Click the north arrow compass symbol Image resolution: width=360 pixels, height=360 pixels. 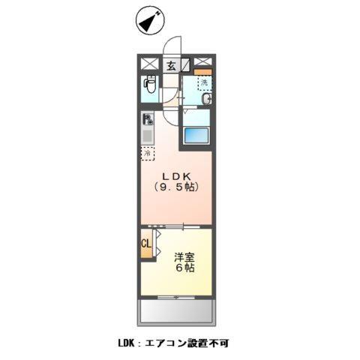tap(148, 22)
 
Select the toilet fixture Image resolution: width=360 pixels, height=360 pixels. tap(149, 87)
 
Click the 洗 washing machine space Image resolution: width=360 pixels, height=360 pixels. tap(204, 82)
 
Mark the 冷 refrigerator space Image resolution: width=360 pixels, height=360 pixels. tap(148, 154)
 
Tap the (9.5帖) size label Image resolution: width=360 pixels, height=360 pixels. tap(176, 187)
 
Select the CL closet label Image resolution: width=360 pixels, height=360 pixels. tap(147, 244)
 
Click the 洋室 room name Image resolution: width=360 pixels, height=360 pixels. tap(184, 255)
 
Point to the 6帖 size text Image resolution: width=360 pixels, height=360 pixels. tap(184, 268)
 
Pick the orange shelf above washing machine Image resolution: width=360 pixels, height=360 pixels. tap(203, 73)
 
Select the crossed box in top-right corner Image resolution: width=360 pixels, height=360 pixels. tap(202, 63)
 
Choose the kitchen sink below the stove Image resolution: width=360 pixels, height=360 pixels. tap(148, 136)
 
